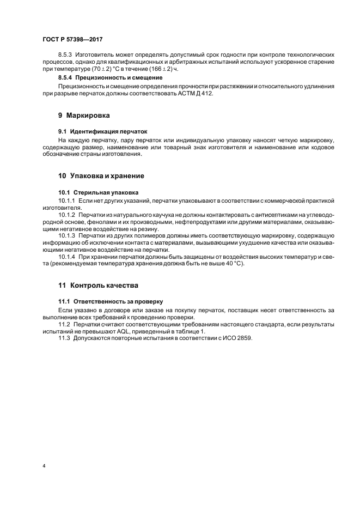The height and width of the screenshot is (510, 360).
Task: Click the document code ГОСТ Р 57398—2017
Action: tap(72, 40)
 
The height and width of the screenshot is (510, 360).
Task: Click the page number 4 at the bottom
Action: tap(44, 466)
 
